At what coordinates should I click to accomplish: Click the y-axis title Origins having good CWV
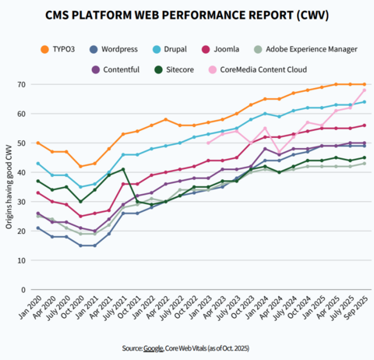tap(9, 187)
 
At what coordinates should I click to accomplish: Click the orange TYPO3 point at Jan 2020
tap(39, 143)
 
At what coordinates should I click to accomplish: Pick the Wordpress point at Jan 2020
tap(39, 228)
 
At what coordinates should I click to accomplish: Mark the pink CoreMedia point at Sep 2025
tap(364, 90)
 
